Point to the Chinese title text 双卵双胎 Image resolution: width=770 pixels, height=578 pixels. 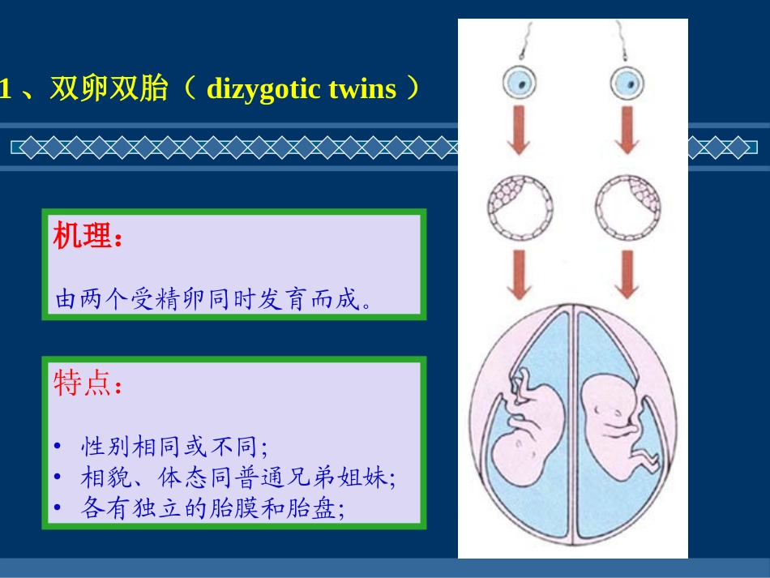pyautogui.click(x=109, y=88)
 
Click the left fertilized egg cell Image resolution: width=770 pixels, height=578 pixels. pyautogui.click(x=520, y=81)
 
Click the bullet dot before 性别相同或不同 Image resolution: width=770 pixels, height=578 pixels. pyautogui.click(x=58, y=447)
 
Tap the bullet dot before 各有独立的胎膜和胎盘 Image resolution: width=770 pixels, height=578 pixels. pyautogui.click(x=58, y=508)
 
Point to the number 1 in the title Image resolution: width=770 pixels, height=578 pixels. pyautogui.click(x=6, y=89)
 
